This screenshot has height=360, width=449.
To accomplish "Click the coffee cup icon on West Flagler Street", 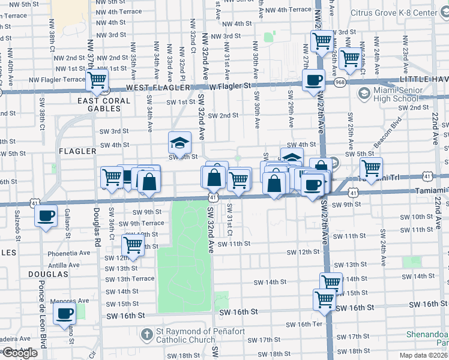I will [313, 80].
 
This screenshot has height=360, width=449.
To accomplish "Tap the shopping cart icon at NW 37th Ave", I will [96, 80].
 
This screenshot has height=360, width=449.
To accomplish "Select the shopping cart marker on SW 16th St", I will [324, 299].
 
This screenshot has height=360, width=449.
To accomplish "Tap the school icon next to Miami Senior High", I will [364, 94].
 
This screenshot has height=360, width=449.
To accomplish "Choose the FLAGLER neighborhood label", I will [78, 152].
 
